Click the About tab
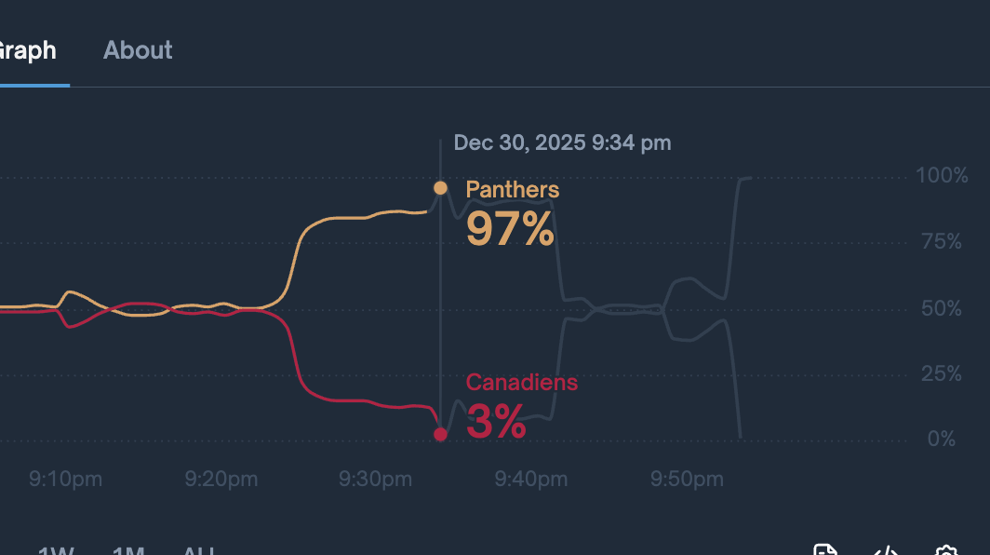(x=138, y=50)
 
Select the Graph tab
(x=28, y=50)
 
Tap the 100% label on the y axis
(x=942, y=175)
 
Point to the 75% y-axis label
(x=941, y=242)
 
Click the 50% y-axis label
(x=941, y=308)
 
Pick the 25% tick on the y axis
(x=941, y=374)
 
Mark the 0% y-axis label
(x=941, y=440)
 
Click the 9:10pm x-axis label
(x=65, y=480)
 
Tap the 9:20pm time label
(x=221, y=480)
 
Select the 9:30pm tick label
(x=375, y=480)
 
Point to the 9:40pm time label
(x=530, y=480)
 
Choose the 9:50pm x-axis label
(x=686, y=480)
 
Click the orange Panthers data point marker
(x=440, y=188)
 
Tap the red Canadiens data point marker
(x=440, y=434)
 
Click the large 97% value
(x=510, y=229)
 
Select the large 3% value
(x=496, y=422)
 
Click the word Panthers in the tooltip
(x=512, y=190)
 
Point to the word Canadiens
(x=521, y=383)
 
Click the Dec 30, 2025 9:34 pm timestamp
(x=562, y=142)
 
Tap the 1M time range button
(x=128, y=549)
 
